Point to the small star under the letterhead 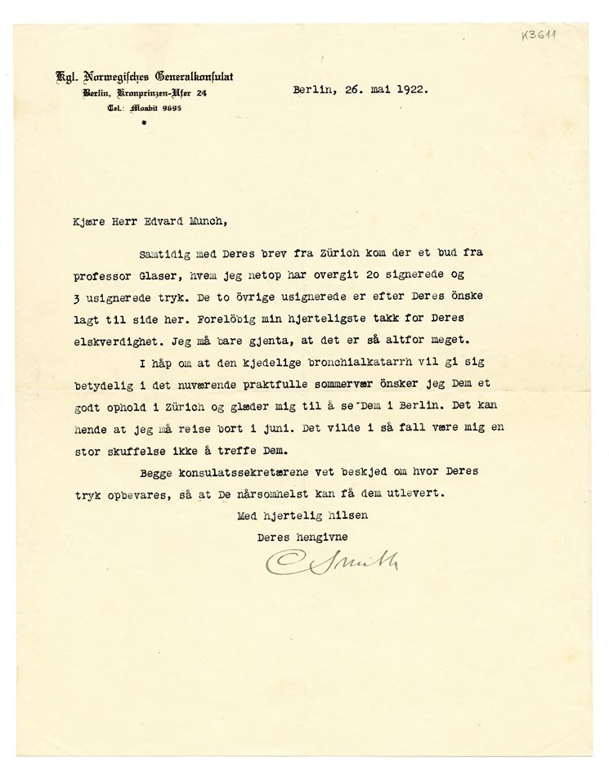point(144,122)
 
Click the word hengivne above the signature point(321,536)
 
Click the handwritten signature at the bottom point(331,562)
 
